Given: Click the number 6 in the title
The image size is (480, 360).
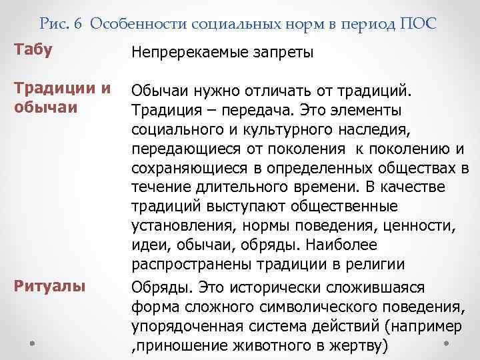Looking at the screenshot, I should pyautogui.click(x=79, y=24).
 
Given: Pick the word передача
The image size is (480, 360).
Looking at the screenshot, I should pyautogui.click(x=253, y=109).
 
